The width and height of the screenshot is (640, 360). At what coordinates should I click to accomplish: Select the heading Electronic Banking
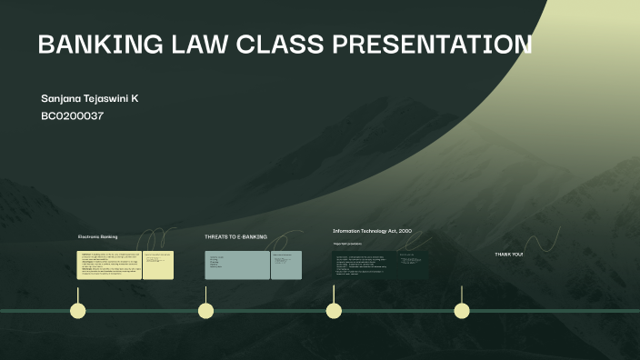(97, 236)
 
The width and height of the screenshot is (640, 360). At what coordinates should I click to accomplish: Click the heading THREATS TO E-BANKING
(235, 236)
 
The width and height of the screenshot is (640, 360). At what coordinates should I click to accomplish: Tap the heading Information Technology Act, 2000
(372, 231)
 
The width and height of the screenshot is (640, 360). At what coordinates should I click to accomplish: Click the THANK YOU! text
(508, 254)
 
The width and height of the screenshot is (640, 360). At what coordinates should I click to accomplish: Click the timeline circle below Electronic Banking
(78, 311)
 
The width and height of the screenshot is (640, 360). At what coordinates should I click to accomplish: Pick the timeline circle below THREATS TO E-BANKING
(206, 311)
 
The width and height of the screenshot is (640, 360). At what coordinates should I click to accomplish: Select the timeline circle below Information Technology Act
(334, 311)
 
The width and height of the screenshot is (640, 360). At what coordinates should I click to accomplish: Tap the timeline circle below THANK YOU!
(462, 311)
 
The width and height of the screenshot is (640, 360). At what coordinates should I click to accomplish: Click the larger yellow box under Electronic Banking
(109, 265)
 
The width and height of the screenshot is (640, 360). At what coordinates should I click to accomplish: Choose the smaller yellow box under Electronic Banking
(157, 265)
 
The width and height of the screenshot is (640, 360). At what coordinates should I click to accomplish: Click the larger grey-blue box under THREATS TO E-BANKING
(237, 265)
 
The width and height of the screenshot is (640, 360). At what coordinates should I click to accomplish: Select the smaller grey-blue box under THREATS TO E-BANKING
(285, 265)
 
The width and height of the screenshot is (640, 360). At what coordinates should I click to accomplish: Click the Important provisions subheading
(347, 244)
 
